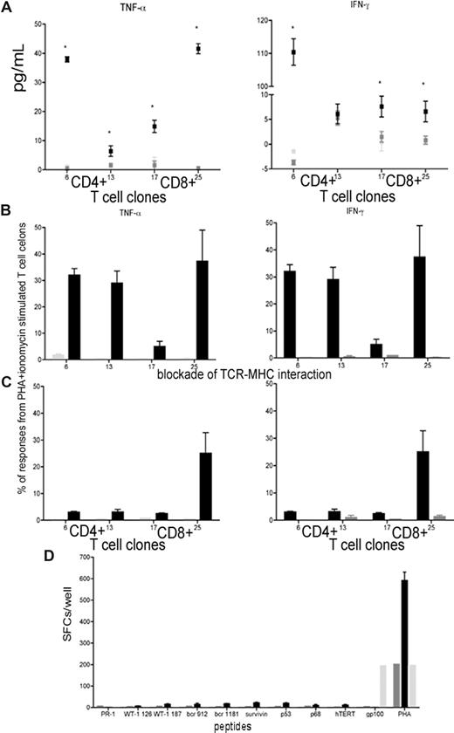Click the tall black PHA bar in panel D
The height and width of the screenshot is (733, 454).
click(404, 632)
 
